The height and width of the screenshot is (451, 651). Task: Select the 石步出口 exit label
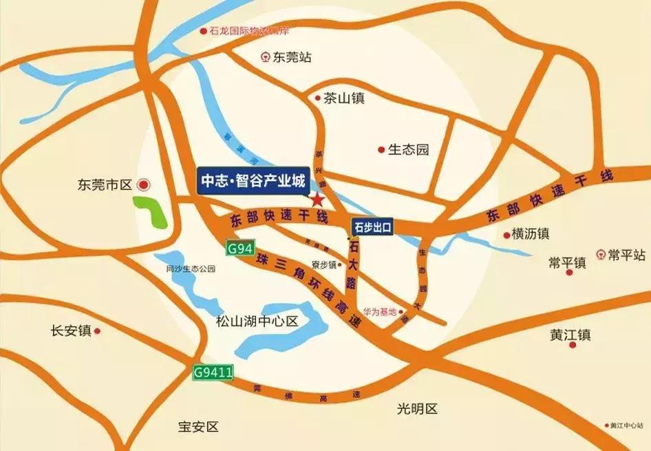(372, 225)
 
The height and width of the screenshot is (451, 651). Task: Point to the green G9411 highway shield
(213, 373)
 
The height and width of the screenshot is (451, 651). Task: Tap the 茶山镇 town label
(343, 98)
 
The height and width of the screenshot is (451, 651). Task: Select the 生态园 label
(408, 149)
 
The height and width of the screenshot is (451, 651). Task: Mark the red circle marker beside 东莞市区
(144, 185)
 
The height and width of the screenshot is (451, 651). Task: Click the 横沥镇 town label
(530, 234)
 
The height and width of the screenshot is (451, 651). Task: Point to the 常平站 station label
(626, 255)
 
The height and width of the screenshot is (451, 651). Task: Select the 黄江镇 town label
(570, 335)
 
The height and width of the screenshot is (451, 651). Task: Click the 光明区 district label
(417, 408)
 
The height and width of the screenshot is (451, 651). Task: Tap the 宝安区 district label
(198, 427)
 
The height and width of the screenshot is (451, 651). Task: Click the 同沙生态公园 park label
(191, 269)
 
